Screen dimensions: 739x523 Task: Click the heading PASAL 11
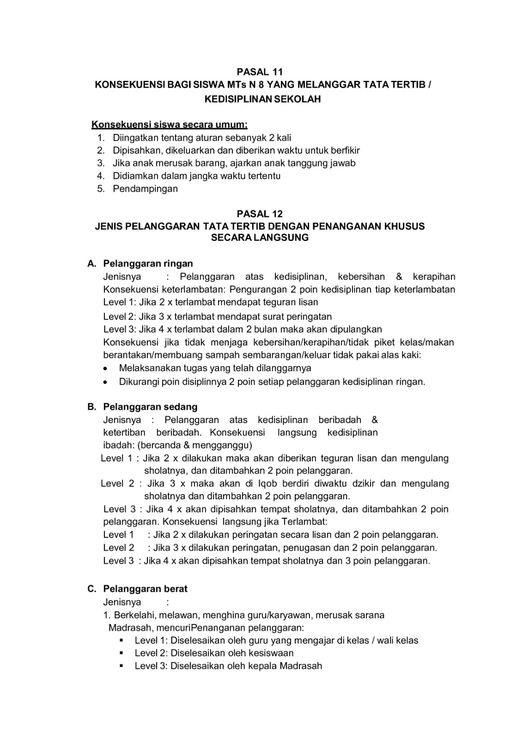point(259,72)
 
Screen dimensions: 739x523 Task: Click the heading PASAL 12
point(259,214)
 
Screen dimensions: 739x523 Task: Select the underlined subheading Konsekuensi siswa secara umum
point(170,125)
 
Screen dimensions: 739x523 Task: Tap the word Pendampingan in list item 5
point(145,188)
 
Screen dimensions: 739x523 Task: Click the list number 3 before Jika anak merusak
point(100,163)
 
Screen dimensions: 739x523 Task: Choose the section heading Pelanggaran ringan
point(148,264)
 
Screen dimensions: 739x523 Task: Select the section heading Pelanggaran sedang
point(150,407)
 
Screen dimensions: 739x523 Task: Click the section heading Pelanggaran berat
point(145,589)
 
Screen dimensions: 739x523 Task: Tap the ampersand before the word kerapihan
point(399,277)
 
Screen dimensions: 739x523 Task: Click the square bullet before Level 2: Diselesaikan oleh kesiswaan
point(122,653)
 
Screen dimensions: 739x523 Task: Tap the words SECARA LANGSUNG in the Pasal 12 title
point(259,238)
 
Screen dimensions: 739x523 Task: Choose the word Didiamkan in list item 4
point(133,176)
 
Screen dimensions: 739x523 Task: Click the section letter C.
point(91,589)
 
